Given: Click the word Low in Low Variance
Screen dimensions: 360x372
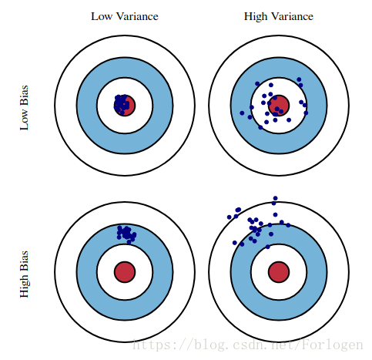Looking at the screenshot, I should (x=100, y=16).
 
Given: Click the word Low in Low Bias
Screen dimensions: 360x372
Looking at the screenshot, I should (x=25, y=119).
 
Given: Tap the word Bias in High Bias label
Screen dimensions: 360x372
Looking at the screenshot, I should (x=25, y=260).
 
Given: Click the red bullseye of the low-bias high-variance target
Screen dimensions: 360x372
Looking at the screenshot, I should (x=279, y=105).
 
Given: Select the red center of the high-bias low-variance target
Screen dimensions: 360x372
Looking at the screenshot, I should (x=124, y=271).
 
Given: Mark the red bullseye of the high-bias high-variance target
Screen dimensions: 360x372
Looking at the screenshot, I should (x=278, y=271).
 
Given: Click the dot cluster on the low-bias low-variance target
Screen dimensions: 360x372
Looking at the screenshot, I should (x=121, y=104).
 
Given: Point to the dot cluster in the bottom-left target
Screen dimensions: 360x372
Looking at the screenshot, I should (x=126, y=233).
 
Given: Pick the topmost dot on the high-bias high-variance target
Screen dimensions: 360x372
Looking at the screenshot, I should (x=275, y=198).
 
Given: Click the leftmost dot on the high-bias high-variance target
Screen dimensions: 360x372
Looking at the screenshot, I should (x=228, y=217).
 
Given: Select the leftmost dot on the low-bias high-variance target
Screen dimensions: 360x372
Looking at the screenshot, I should (x=242, y=113).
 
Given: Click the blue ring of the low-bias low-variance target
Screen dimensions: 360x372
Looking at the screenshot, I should (x=86, y=105).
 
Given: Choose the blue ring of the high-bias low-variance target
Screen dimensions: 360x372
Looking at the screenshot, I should (x=86, y=271).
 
